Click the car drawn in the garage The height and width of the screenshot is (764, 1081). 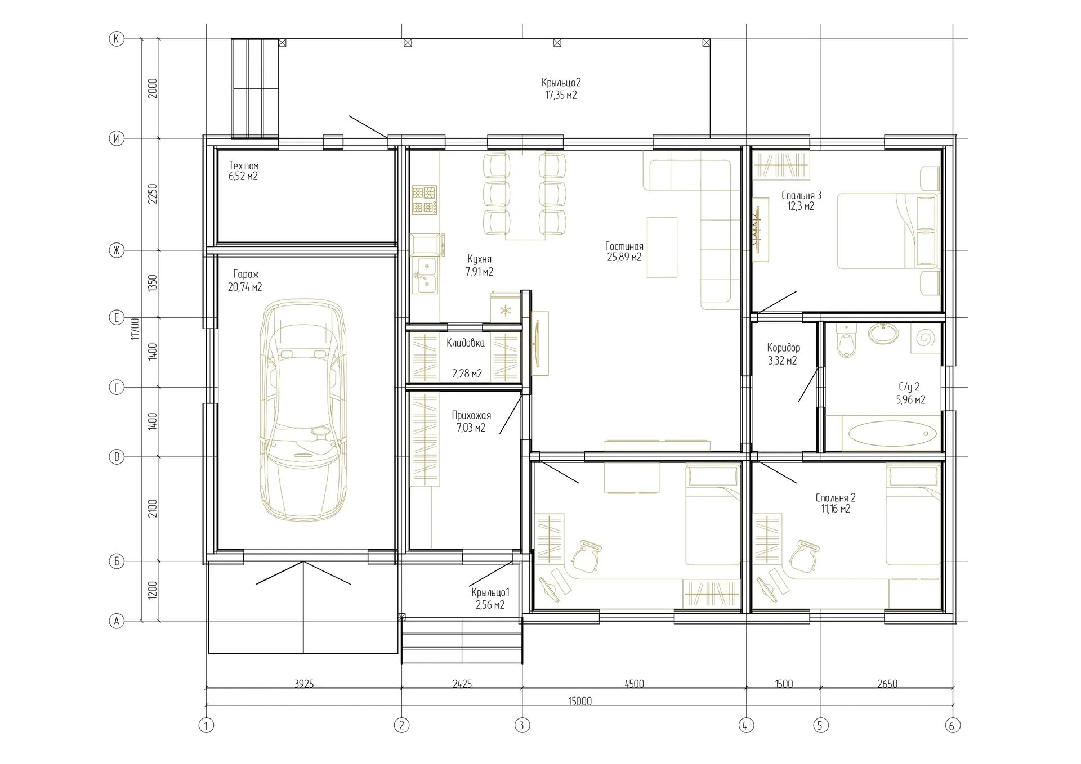(303, 411)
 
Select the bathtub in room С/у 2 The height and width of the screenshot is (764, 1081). (892, 434)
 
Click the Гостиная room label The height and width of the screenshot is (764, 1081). (624, 246)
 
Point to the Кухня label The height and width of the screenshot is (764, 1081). (479, 259)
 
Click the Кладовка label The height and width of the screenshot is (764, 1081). (466, 343)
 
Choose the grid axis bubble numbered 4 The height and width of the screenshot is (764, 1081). (745, 726)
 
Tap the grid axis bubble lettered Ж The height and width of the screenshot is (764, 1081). (117, 250)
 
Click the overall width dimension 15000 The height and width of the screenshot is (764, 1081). (580, 701)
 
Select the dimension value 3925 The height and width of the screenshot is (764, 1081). (304, 684)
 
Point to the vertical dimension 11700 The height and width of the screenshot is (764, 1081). (135, 329)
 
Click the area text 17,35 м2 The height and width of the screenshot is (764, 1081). (561, 96)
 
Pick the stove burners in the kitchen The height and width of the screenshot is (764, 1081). (425, 200)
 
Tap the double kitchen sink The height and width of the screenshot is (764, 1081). (426, 275)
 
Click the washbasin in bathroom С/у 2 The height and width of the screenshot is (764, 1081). (883, 334)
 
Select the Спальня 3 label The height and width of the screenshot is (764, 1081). (801, 195)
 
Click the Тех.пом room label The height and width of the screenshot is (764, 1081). (244, 166)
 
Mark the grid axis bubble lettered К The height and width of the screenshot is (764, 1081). (117, 39)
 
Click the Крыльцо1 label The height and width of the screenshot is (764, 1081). (490, 592)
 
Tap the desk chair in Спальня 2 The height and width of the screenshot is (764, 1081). (803, 555)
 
